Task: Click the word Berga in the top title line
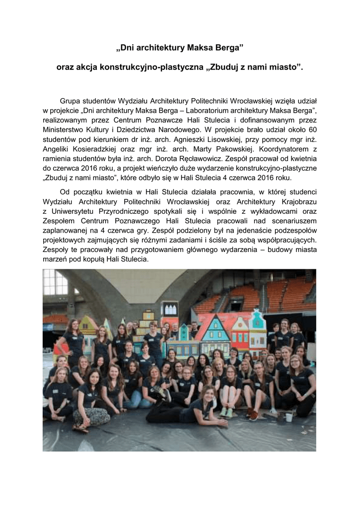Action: click(226, 49)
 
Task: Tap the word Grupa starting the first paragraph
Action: click(70, 99)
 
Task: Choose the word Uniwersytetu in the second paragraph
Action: click(77, 211)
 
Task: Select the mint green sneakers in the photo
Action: click(226, 412)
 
